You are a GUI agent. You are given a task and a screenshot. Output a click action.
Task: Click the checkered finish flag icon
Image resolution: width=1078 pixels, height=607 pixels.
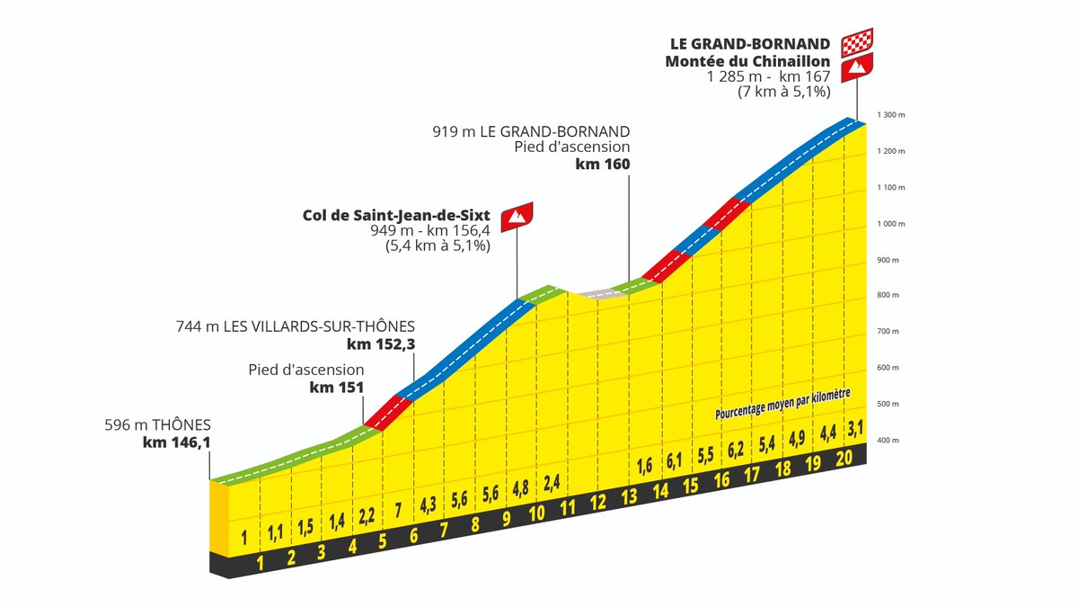pyautogui.click(x=857, y=42)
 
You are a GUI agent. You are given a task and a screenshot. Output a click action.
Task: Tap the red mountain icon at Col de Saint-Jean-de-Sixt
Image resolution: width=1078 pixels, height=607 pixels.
pyautogui.click(x=517, y=215)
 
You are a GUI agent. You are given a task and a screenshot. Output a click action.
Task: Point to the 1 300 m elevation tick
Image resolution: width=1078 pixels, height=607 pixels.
pyautogui.click(x=890, y=115)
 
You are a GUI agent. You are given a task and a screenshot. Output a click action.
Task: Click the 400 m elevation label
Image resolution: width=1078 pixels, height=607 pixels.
pyautogui.click(x=888, y=440)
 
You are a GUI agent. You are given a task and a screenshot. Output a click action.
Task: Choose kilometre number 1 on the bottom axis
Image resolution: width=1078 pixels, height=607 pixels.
pyautogui.click(x=261, y=564)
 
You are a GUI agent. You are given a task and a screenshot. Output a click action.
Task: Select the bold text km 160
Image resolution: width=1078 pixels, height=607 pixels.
pyautogui.click(x=605, y=165)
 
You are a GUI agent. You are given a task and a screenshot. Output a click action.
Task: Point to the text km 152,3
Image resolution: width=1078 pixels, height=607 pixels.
pyautogui.click(x=381, y=344)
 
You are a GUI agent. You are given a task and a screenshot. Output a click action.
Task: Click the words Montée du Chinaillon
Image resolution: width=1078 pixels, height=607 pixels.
pyautogui.click(x=747, y=61)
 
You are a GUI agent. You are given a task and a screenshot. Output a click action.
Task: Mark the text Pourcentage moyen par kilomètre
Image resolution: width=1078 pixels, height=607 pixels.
pyautogui.click(x=782, y=406)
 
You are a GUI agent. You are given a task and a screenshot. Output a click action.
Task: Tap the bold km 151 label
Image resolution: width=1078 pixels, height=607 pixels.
pyautogui.click(x=337, y=388)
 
